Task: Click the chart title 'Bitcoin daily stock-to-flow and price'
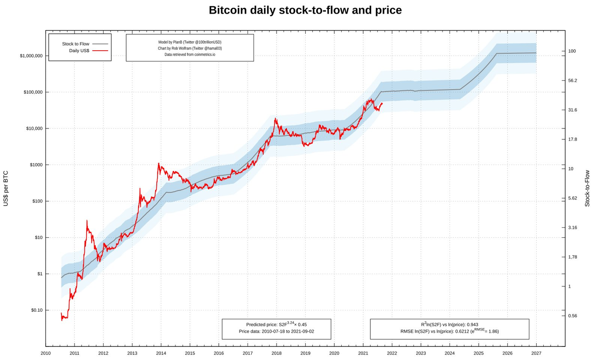[x=305, y=10]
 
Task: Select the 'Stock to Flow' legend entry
[x=75, y=44]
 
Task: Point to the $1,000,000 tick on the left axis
[x=31, y=56]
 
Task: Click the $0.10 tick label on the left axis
[x=37, y=310]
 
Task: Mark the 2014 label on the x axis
[x=161, y=353]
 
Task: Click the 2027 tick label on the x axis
[x=536, y=353]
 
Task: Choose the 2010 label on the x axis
[x=45, y=353]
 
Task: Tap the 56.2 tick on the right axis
[x=572, y=81]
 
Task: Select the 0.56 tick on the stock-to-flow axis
[x=572, y=316]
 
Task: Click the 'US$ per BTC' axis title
[x=6, y=188]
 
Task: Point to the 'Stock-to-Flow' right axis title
[x=587, y=188]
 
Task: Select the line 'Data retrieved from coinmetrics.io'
[x=189, y=54]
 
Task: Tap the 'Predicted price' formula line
[x=276, y=324]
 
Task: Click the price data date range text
[x=276, y=331]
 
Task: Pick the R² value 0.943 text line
[x=449, y=324]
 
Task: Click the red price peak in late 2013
[x=158, y=164]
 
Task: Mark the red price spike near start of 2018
[x=275, y=119]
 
